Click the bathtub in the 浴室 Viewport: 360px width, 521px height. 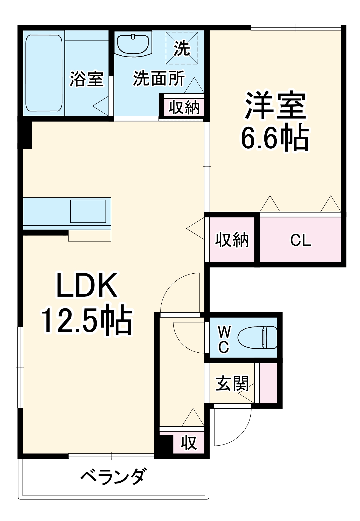(x=44, y=73)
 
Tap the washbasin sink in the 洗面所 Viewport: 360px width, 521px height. (x=133, y=44)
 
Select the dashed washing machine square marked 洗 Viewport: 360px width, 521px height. (x=182, y=48)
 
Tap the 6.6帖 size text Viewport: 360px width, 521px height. (x=275, y=137)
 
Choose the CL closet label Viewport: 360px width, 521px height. (x=300, y=240)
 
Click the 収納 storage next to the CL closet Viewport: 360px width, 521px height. (x=232, y=240)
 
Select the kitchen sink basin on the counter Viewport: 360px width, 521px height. (x=88, y=211)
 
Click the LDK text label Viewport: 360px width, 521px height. (x=87, y=285)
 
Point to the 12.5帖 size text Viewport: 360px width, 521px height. (x=87, y=320)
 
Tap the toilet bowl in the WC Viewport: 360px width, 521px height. (x=257, y=338)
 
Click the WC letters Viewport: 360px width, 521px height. (x=224, y=339)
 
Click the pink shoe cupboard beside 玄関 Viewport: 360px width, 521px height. (x=268, y=383)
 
